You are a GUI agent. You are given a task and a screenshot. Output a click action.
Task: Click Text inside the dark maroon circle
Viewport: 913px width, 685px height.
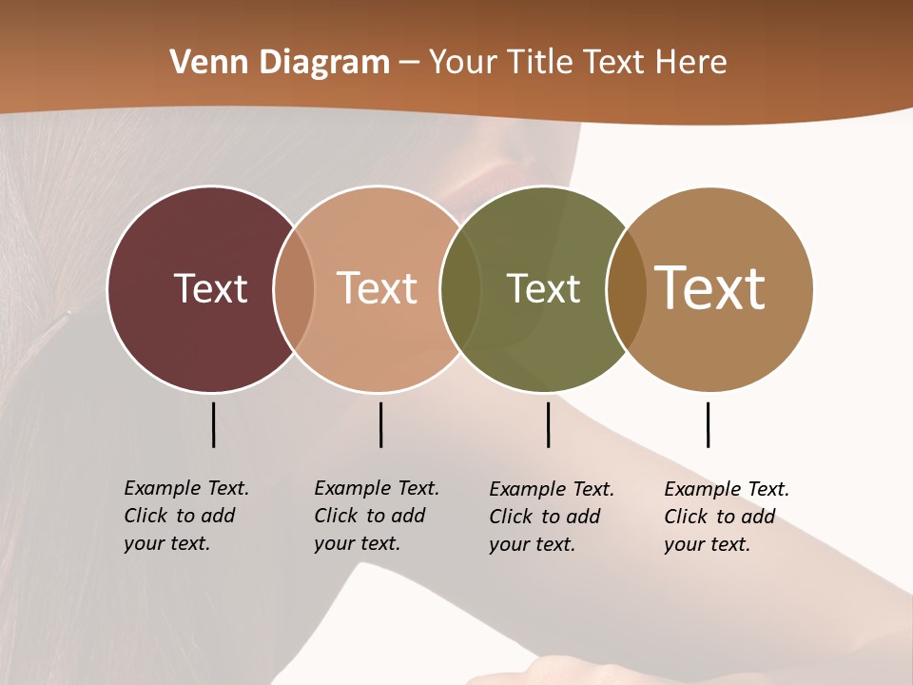(210, 288)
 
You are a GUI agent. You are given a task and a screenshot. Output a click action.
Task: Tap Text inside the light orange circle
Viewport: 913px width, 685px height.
(377, 288)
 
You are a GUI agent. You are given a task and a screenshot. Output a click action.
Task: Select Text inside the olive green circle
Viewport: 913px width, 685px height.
(543, 288)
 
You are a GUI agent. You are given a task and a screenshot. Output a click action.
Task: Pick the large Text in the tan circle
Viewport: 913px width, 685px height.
(709, 288)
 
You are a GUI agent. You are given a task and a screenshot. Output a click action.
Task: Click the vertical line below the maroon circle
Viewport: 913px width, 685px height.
(213, 424)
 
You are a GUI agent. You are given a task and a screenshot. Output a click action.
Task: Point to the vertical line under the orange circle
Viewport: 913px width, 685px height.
(380, 424)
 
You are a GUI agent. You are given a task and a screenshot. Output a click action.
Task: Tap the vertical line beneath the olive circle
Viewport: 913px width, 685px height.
(548, 424)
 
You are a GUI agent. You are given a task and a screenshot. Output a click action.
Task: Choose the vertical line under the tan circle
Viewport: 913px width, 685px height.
(708, 424)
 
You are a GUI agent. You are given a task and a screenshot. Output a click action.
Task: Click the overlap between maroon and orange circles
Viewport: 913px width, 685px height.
(294, 288)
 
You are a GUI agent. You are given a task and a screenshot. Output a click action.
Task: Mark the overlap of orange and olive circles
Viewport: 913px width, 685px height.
(460, 288)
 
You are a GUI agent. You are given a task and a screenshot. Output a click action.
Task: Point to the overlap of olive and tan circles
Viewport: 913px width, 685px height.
(627, 288)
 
